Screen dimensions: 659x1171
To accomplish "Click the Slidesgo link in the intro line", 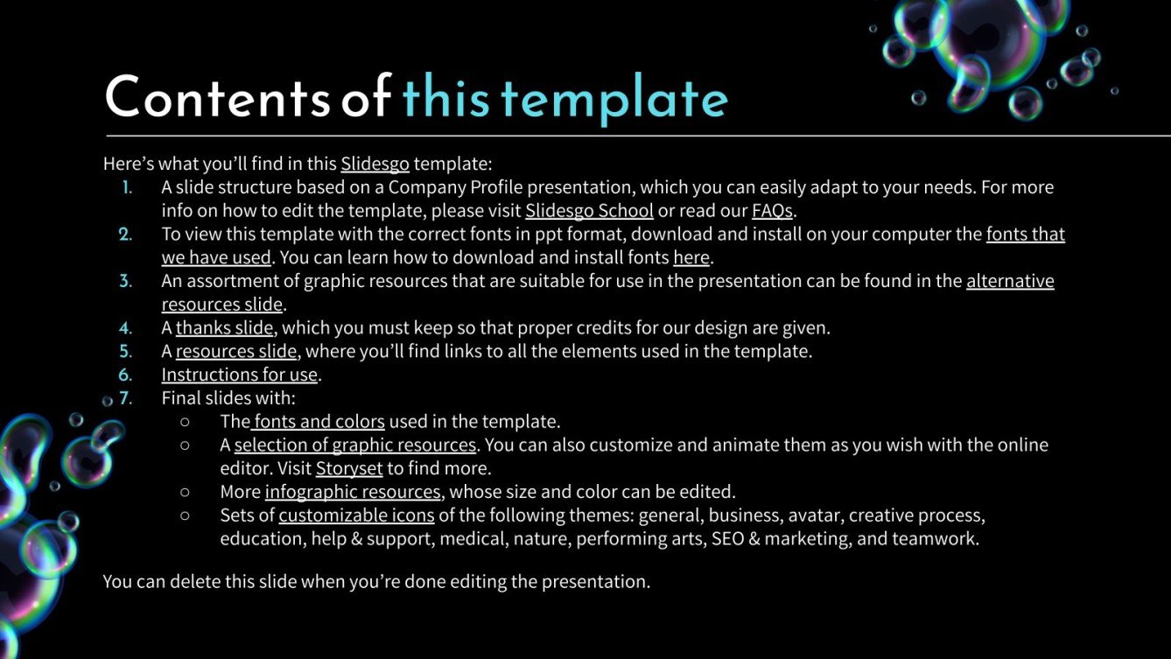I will (x=375, y=164).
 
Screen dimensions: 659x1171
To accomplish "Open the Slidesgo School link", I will (x=589, y=211).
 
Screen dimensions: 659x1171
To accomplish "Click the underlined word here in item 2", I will (x=691, y=258).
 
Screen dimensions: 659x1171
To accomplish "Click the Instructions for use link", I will (x=239, y=375).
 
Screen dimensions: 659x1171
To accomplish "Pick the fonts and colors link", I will (x=319, y=422).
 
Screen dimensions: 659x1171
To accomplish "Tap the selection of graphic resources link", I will (x=354, y=445).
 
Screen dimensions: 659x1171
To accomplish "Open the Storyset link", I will (x=349, y=468).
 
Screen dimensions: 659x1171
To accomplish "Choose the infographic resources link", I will (x=353, y=492).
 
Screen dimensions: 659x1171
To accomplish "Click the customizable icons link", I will (x=356, y=515).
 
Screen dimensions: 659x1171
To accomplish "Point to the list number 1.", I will (x=128, y=187).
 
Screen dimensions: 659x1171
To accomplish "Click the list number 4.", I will (x=126, y=328).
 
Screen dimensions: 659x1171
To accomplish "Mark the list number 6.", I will (x=126, y=375).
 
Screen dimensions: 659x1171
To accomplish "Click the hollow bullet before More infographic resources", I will (x=185, y=492).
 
